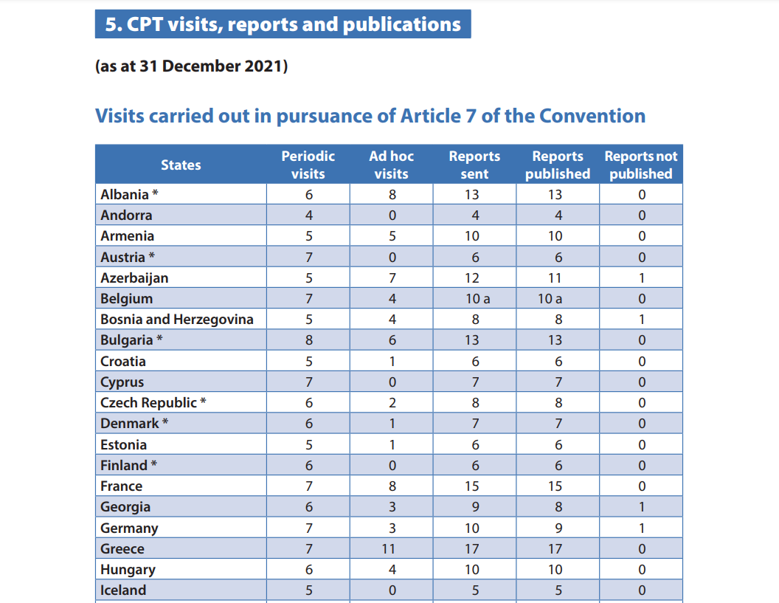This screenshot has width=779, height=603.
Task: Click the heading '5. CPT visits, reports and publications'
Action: pyautogui.click(x=283, y=24)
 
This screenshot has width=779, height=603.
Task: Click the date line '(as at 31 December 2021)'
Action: pyautogui.click(x=191, y=66)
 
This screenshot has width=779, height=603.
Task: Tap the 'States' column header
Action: pyautogui.click(x=181, y=165)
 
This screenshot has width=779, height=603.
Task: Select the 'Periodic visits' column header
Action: pyautogui.click(x=308, y=165)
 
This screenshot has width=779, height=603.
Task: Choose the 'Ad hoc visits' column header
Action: pyautogui.click(x=391, y=165)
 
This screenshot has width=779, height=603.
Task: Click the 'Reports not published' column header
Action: pyautogui.click(x=640, y=165)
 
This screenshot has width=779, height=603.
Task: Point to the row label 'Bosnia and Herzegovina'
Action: pyautogui.click(x=177, y=320)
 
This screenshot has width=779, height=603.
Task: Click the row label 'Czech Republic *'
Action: pyautogui.click(x=153, y=403)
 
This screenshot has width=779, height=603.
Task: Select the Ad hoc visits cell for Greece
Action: pyautogui.click(x=392, y=548)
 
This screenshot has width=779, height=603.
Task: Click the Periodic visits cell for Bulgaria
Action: pyautogui.click(x=308, y=340)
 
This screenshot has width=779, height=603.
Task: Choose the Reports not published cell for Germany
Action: pyautogui.click(x=641, y=528)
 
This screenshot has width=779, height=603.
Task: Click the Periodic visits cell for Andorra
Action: pyautogui.click(x=308, y=216)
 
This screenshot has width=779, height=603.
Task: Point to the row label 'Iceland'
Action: pyautogui.click(x=123, y=590)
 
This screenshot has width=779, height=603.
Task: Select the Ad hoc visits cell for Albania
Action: pyautogui.click(x=392, y=195)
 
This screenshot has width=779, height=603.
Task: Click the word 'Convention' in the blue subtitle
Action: pyautogui.click(x=592, y=116)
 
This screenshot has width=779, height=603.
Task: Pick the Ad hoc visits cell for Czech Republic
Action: pyautogui.click(x=392, y=403)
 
